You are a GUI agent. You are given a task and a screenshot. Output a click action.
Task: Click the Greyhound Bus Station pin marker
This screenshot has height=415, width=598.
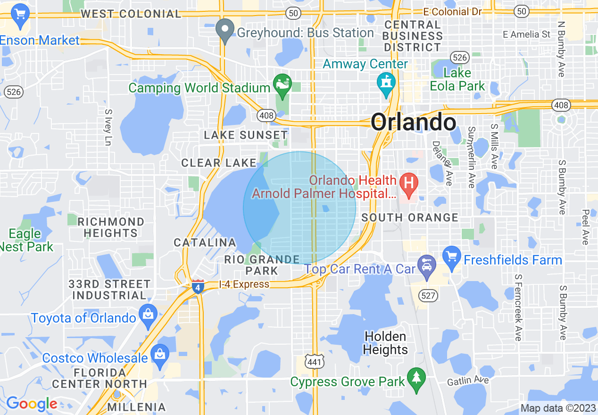[225, 31]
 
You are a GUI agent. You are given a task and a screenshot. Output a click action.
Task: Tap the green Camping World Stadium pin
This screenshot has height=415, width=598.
[282, 85]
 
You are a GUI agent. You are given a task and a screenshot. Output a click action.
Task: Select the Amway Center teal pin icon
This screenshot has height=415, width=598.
[386, 84]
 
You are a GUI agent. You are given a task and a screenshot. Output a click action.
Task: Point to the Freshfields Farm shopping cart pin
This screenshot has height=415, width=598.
[452, 257]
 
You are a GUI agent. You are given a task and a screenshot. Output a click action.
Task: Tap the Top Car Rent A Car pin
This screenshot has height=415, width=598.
[427, 266]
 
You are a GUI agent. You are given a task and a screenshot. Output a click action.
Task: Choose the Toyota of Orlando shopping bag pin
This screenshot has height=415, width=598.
[148, 315]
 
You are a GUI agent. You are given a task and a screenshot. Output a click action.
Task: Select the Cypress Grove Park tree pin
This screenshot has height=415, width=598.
[416, 379]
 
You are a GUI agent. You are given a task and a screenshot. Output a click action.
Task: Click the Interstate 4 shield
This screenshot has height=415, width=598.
[198, 287]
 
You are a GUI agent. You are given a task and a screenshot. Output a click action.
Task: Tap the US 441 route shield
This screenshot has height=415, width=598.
[313, 361]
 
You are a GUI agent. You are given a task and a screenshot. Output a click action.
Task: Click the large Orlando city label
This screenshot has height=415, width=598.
[413, 123]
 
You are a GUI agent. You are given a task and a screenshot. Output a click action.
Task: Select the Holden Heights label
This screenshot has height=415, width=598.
[386, 343]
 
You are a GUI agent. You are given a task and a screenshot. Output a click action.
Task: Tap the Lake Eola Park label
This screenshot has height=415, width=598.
[457, 79]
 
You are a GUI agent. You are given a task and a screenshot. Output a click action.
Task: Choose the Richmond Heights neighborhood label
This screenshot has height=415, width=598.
[111, 227]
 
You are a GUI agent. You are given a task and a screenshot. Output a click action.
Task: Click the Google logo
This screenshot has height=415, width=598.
[31, 404]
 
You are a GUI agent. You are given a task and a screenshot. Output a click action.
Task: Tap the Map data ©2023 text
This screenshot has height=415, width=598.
[558, 408]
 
